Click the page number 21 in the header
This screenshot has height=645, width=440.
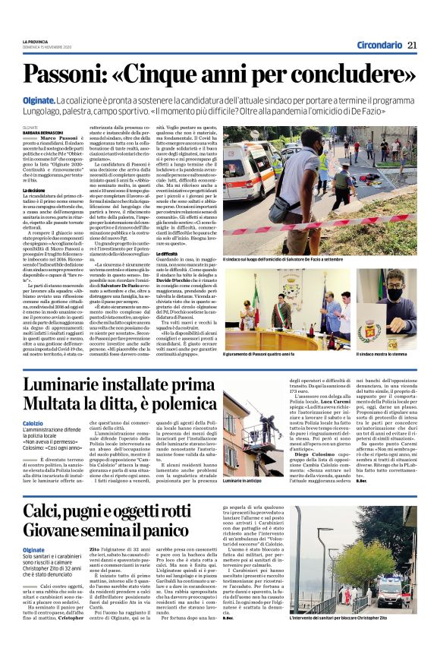click(413, 45)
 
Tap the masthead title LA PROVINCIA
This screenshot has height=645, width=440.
click(35, 40)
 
